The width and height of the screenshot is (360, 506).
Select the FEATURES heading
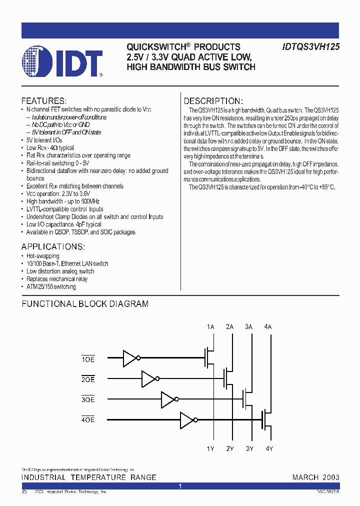43,100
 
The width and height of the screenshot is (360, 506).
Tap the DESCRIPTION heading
213,100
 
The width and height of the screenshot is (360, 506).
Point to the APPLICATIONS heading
53,247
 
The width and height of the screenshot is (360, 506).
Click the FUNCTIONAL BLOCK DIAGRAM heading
85,303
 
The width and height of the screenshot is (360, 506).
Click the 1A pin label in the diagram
210,326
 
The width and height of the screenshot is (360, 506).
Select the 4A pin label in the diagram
268,326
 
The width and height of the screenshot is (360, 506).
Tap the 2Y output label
230,448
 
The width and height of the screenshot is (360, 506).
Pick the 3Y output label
249,448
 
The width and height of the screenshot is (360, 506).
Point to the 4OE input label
88,419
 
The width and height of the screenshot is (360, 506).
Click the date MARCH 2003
315,477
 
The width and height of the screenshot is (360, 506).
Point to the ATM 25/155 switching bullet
51,287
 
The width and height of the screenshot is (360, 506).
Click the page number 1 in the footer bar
180,486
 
